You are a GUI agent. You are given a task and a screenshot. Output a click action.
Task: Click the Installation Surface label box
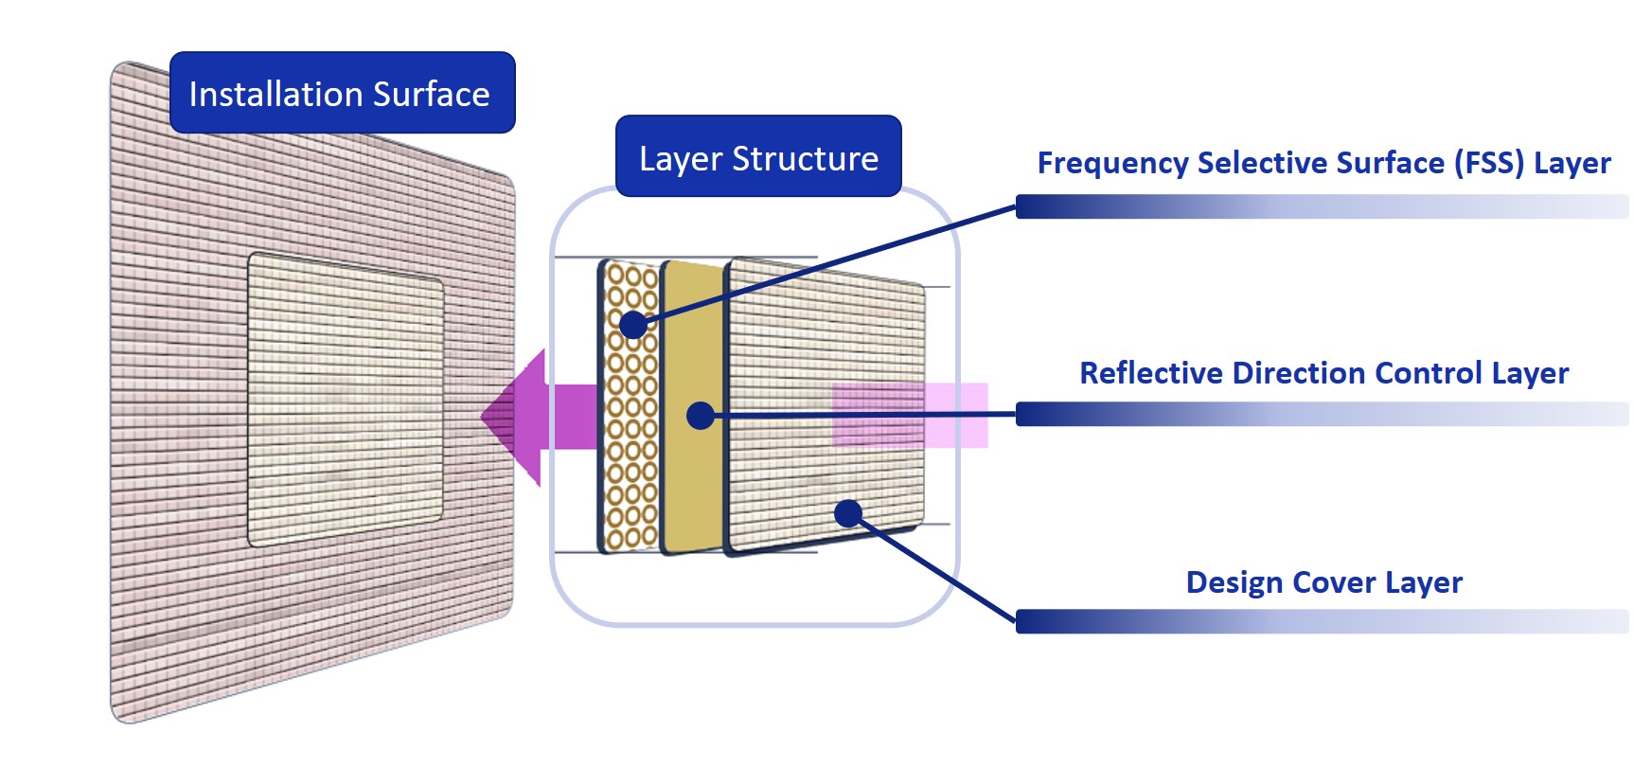click(342, 93)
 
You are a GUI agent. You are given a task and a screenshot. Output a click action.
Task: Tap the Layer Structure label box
click(758, 156)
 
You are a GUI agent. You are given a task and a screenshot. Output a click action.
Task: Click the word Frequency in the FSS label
click(1113, 163)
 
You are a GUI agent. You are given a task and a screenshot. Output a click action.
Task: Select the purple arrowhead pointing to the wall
click(517, 417)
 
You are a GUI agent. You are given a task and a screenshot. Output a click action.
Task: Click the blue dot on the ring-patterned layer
click(633, 325)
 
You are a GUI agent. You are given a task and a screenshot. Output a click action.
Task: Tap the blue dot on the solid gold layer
click(701, 415)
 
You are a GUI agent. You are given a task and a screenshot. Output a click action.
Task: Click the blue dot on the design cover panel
click(848, 513)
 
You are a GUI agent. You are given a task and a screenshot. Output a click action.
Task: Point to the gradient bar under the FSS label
click(1322, 206)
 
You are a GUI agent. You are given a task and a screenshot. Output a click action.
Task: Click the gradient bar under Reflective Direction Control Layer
click(1322, 414)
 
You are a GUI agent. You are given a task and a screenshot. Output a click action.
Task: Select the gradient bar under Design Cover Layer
click(1322, 621)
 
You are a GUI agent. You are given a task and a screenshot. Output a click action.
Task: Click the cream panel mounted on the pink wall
click(346, 398)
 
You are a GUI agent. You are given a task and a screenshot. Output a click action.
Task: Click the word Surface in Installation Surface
click(431, 94)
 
